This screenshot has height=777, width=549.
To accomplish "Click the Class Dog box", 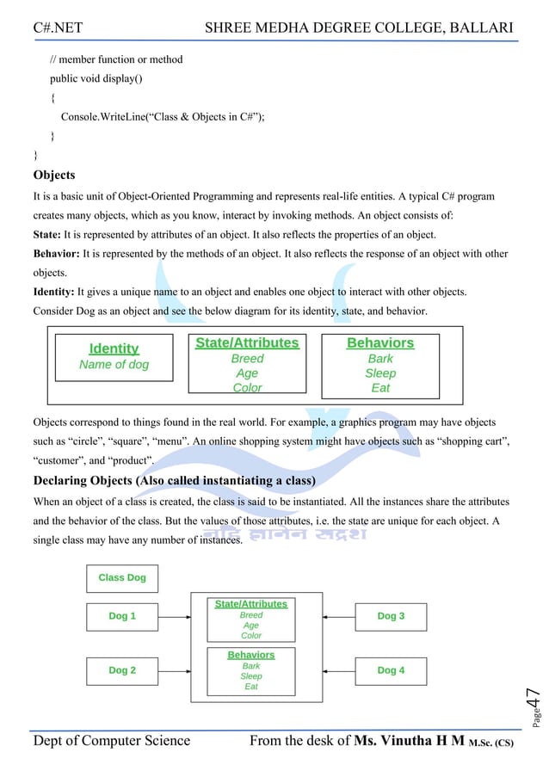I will pyautogui.click(x=122, y=578).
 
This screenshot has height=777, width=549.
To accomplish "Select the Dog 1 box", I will pyautogui.click(x=122, y=617).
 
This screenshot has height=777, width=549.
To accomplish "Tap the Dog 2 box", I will pyautogui.click(x=122, y=670).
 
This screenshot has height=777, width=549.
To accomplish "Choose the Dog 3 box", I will pyautogui.click(x=391, y=617).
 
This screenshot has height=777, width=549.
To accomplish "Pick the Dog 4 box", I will pyautogui.click(x=391, y=670).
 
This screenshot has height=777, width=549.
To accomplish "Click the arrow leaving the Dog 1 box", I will pyautogui.click(x=174, y=617).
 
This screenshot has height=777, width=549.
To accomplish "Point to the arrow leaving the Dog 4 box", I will pyautogui.click(x=339, y=670).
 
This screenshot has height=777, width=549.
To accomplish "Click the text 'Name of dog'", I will pyautogui.click(x=114, y=365).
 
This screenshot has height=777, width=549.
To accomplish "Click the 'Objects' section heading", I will pyautogui.click(x=53, y=176).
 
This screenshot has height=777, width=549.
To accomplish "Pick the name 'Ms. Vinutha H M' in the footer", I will pyautogui.click(x=410, y=742).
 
